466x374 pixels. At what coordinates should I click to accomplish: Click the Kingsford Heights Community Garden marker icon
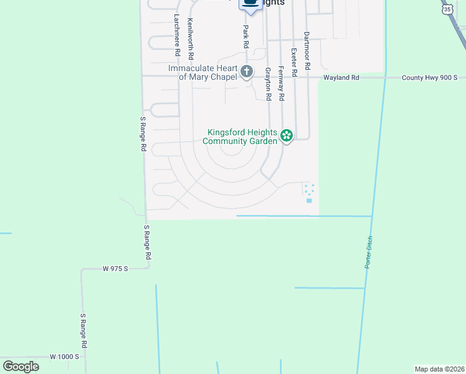286,135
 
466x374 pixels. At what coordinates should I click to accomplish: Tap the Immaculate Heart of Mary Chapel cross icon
247,72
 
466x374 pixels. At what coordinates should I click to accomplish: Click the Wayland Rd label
341,78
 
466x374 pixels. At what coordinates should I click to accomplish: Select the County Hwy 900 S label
429,78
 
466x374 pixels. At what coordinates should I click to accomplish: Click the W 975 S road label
115,269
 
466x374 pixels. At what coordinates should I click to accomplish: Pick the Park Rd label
246,37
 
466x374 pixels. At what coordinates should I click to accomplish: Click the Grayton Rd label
268,84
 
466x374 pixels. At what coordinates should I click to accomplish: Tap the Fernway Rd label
282,84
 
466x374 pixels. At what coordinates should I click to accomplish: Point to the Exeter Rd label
294,62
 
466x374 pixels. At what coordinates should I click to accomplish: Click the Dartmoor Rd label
307,51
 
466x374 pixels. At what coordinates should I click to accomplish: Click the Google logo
21,367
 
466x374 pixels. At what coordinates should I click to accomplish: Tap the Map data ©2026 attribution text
439,368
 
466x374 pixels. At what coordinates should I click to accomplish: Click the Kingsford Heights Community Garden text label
242,137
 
